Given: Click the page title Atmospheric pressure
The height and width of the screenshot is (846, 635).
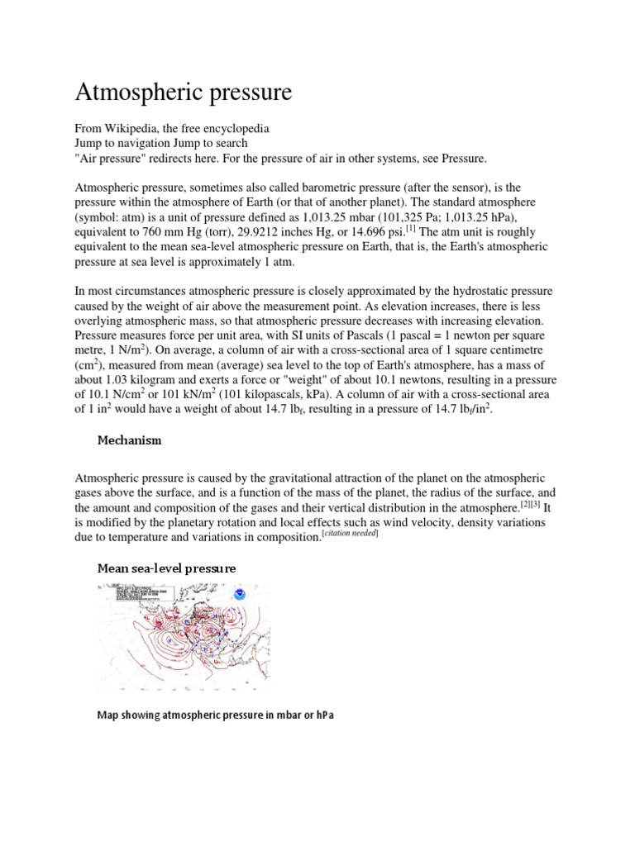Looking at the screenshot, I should [184, 92].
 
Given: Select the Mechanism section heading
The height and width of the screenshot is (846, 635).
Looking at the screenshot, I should [129, 440].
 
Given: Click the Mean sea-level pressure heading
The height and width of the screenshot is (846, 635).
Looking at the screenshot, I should [167, 568].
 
